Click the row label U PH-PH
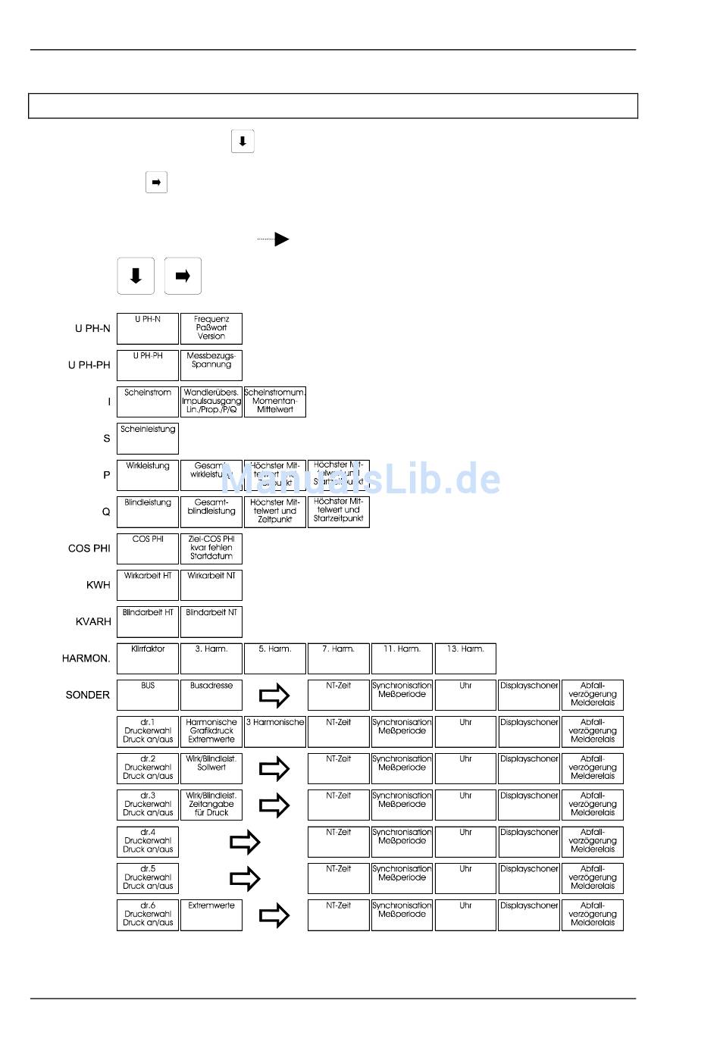[x=89, y=365]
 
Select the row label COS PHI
[x=89, y=549]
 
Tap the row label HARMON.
[x=86, y=658]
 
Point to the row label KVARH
[x=92, y=622]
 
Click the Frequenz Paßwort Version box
[x=211, y=329]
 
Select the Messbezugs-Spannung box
[x=211, y=365]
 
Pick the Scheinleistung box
[x=148, y=439]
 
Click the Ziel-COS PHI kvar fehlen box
[x=211, y=549]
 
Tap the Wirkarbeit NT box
[x=211, y=585]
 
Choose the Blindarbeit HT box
[x=148, y=622]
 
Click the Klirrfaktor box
[x=148, y=658]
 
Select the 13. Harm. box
[x=465, y=658]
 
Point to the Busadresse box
[x=211, y=695]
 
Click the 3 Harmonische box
[x=275, y=732]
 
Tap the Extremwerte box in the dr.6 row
[x=211, y=915]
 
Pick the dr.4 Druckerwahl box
[x=148, y=842]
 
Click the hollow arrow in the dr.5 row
[x=245, y=879]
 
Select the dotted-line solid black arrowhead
[x=281, y=239]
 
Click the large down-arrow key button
[x=136, y=276]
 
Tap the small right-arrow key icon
[x=156, y=183]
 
